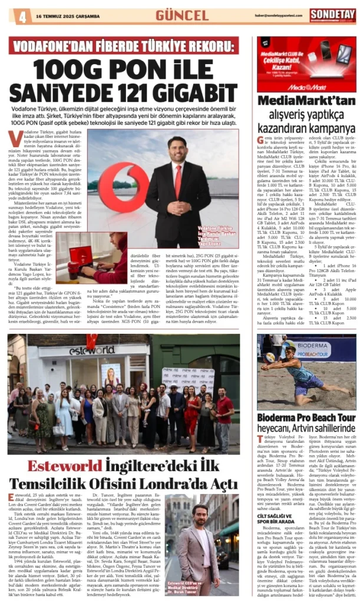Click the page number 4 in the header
(22, 16)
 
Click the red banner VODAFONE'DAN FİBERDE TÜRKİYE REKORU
(123, 45)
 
